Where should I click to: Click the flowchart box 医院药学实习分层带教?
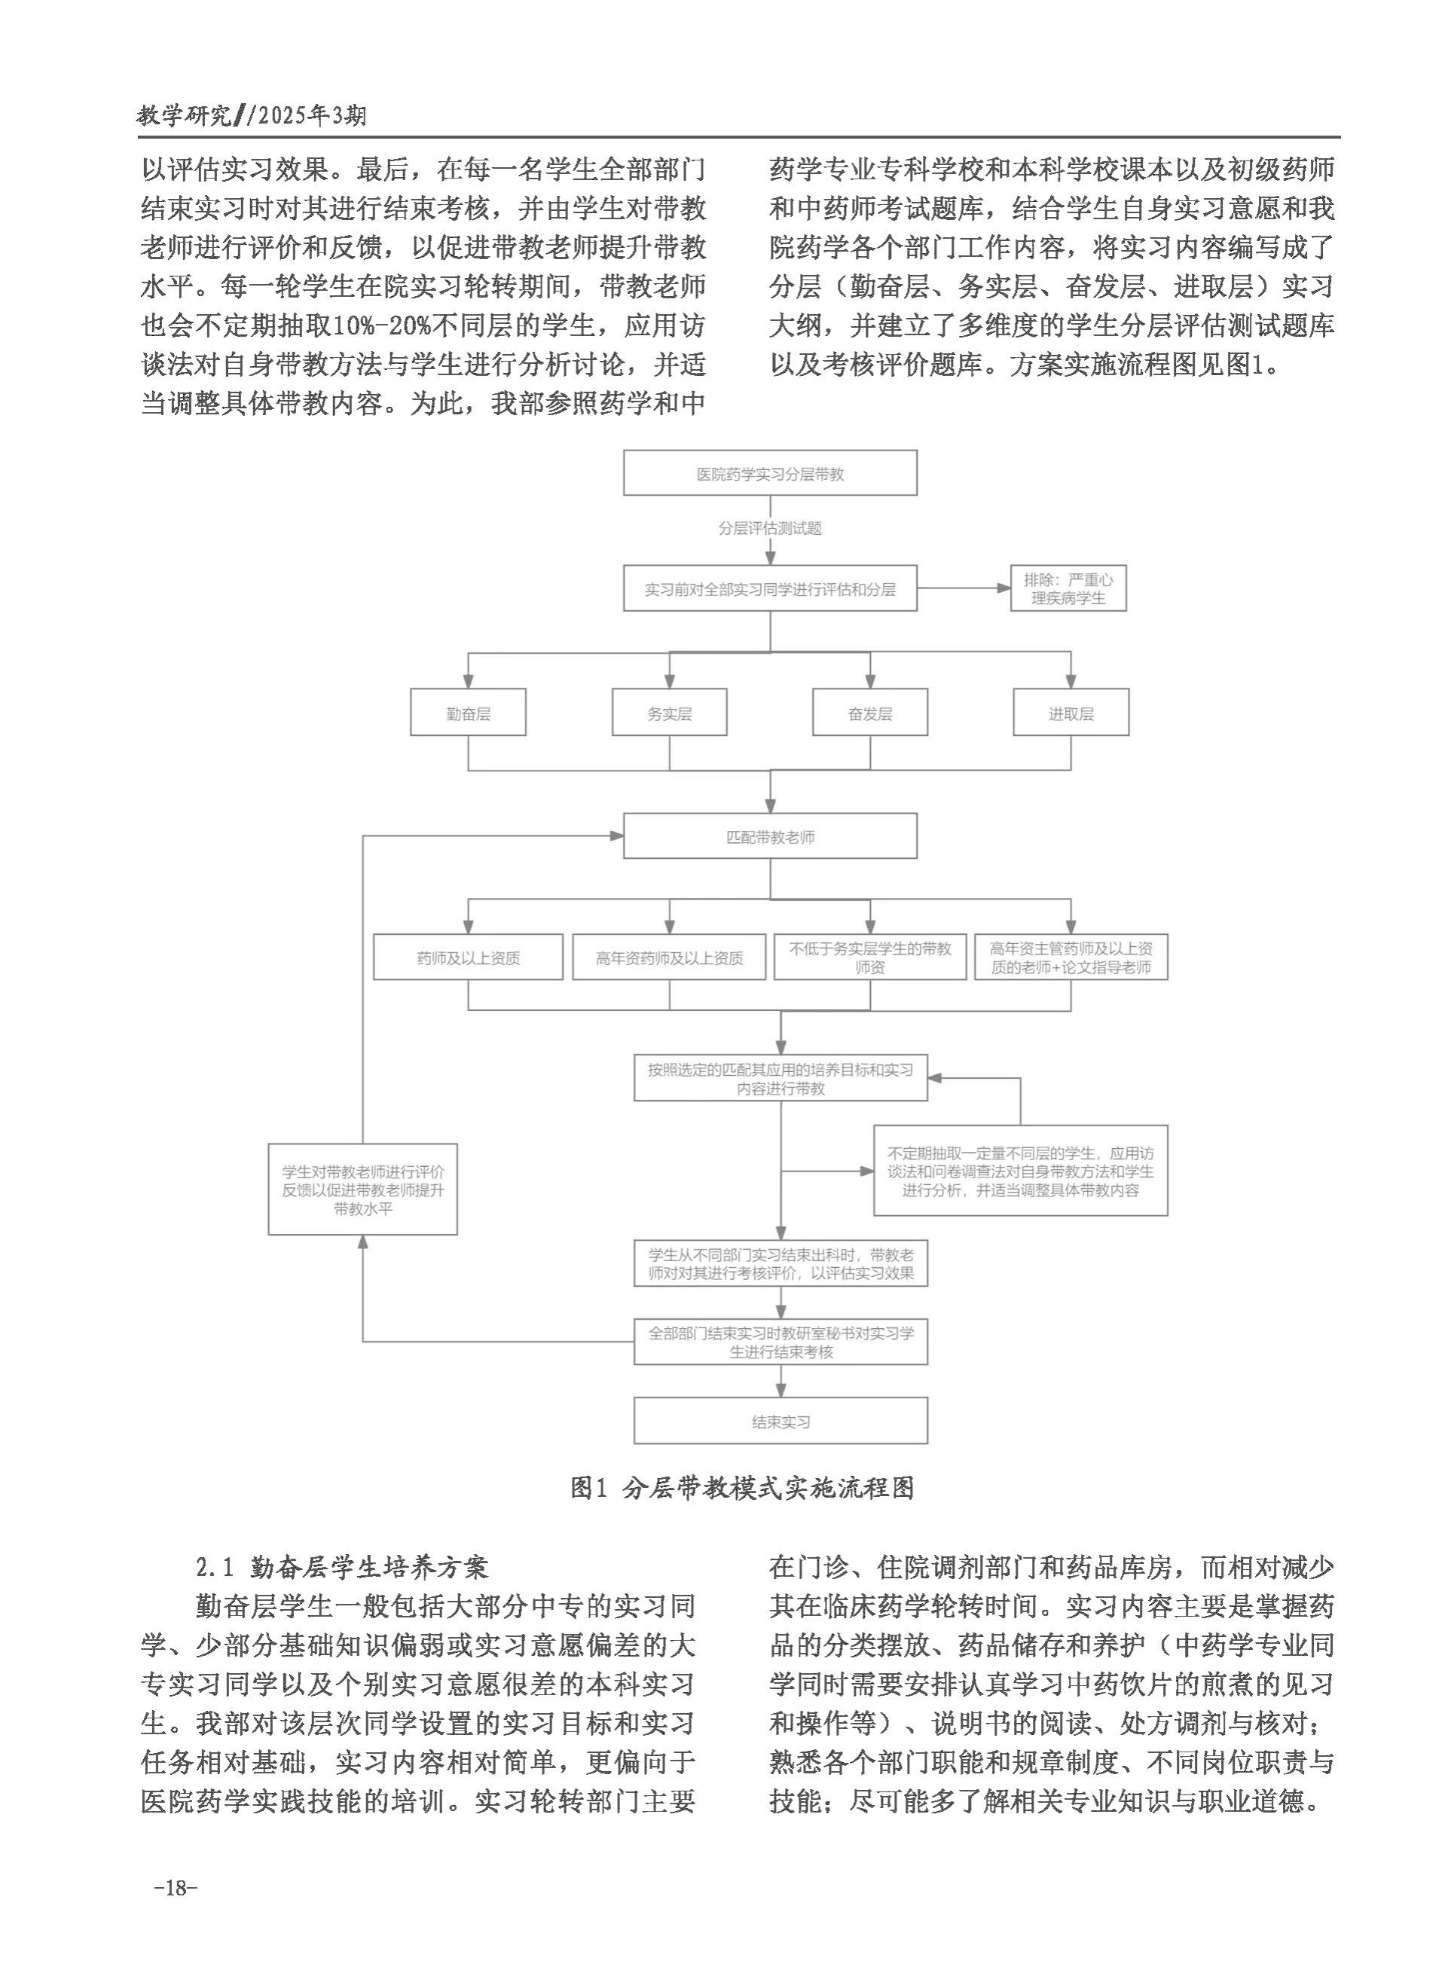coord(769,473)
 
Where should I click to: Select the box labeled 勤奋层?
coord(467,713)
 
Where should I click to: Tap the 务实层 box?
coord(668,713)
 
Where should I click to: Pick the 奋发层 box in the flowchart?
coord(869,713)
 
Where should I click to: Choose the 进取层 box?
coord(1070,713)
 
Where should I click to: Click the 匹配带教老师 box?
coord(769,835)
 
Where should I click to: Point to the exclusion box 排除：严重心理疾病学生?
coord(1068,588)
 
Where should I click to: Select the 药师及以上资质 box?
coord(467,957)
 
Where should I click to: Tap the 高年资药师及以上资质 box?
coord(668,957)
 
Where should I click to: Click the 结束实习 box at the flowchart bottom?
coord(780,1420)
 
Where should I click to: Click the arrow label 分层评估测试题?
coord(769,528)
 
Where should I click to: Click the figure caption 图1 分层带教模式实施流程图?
coord(742,1487)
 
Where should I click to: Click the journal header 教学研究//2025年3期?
coord(253,115)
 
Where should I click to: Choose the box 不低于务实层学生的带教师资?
coord(869,957)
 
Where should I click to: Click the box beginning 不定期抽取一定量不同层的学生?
coord(1020,1171)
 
